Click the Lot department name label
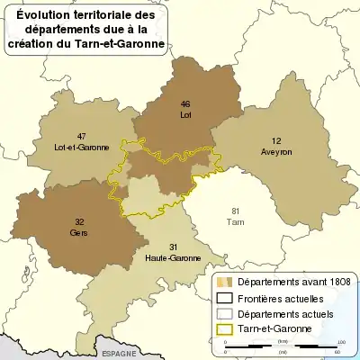tap(185, 115)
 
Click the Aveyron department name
tap(277, 152)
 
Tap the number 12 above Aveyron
tap(277, 141)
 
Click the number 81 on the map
tap(237, 210)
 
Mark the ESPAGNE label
tap(119, 354)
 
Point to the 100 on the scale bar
tap(342, 342)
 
